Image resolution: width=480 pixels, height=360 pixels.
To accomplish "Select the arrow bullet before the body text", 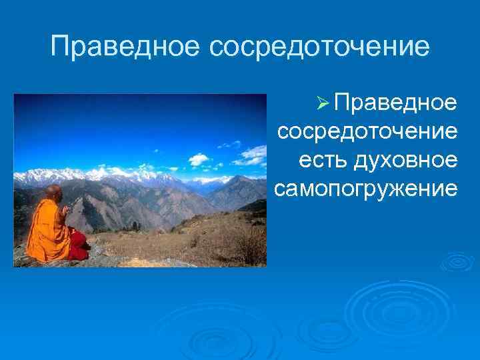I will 322,103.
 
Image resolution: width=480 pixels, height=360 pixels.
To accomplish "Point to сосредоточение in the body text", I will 368,131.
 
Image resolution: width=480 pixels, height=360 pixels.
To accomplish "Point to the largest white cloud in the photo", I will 198,159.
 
